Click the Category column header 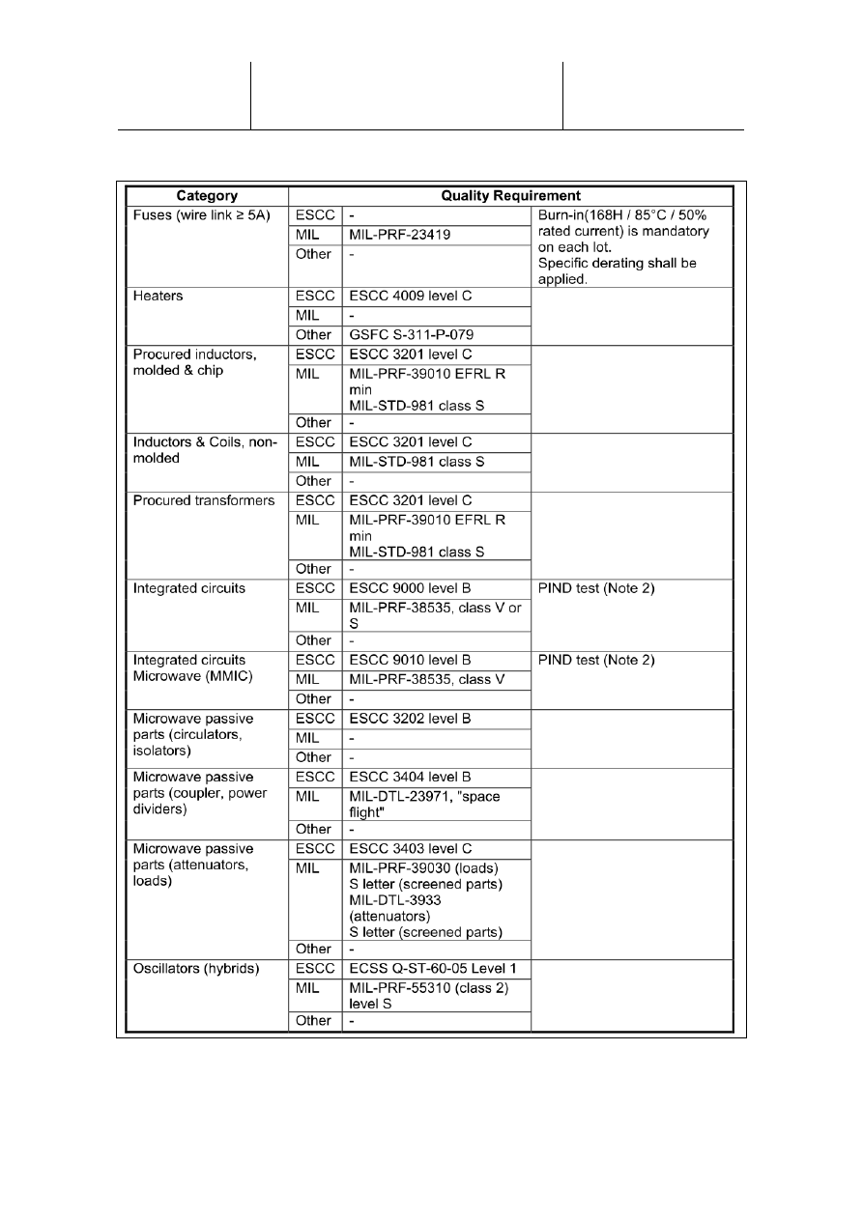coord(206,195)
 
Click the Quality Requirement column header coord(510,195)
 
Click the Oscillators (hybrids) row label coord(196,968)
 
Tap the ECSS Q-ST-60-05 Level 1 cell coord(435,968)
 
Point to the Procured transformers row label coord(203,500)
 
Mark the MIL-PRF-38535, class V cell coord(435,679)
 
